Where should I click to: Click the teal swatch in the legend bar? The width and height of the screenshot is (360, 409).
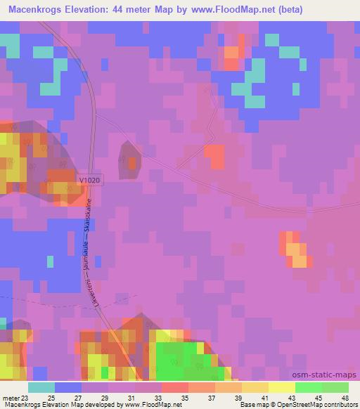[x=41, y=387]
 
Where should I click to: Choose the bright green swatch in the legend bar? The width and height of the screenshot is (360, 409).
[x=309, y=387]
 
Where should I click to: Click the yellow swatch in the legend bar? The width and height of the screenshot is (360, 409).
[x=282, y=387]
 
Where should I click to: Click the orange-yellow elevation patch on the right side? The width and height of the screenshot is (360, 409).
[x=295, y=250]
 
